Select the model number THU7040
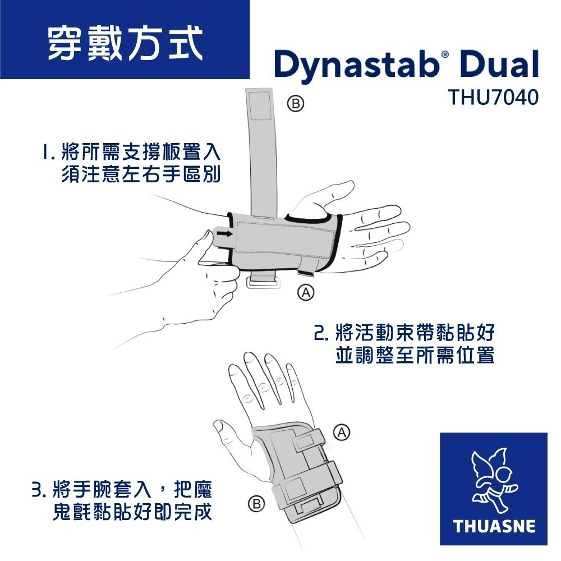(493, 97)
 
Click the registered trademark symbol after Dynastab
(445, 54)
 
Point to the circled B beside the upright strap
(296, 103)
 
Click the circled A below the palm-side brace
(306, 292)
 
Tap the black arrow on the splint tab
(224, 233)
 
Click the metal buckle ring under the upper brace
(263, 283)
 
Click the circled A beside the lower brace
(342, 433)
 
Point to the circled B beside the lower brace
(256, 504)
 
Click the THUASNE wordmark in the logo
(494, 526)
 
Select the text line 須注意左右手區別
(141, 174)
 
